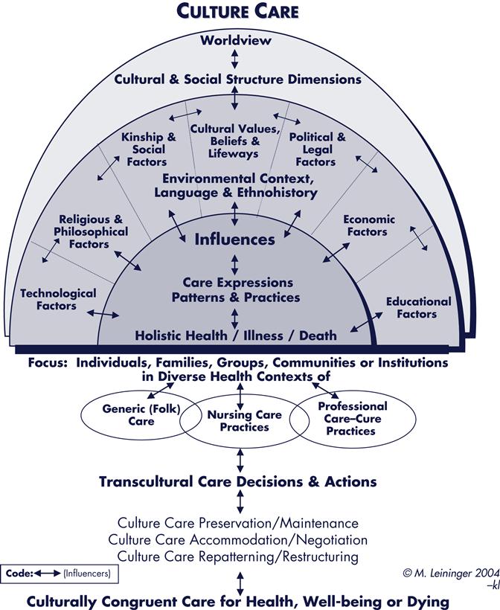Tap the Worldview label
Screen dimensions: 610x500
click(x=235, y=40)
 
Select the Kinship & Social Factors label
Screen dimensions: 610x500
click(x=149, y=150)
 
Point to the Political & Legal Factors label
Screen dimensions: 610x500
click(x=317, y=150)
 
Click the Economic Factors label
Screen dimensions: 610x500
click(x=368, y=225)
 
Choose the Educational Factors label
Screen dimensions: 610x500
click(x=418, y=307)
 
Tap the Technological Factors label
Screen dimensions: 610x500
click(x=58, y=299)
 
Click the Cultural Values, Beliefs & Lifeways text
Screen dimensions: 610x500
click(x=234, y=141)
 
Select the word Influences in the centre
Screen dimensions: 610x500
click(x=235, y=240)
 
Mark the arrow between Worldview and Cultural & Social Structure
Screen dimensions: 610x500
click(x=235, y=59)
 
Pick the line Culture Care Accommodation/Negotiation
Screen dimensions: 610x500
click(x=238, y=540)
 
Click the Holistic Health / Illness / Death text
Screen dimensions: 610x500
click(x=235, y=335)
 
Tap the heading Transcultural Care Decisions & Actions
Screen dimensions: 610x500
click(x=238, y=481)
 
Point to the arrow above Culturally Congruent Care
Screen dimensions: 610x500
click(x=238, y=582)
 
